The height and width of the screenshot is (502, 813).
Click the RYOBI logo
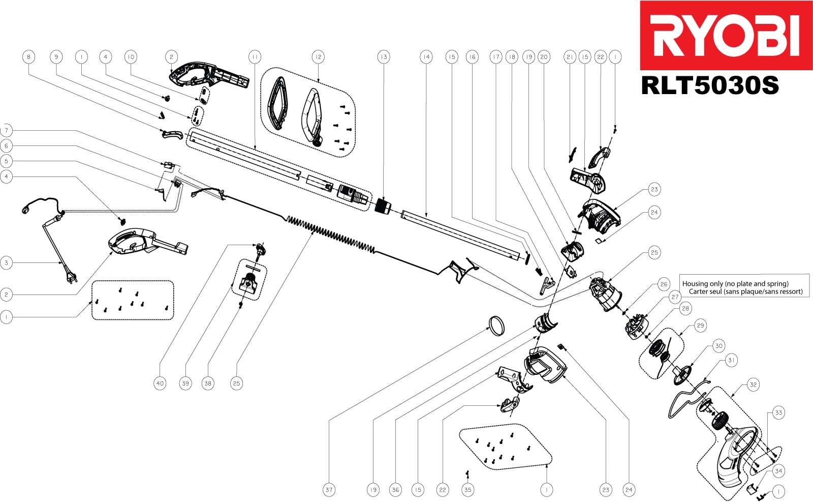[726, 35]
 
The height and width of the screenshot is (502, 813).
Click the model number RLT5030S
[710, 85]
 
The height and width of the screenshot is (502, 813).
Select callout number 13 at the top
[383, 57]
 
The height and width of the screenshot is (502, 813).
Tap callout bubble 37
[329, 490]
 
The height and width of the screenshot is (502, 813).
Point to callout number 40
[160, 383]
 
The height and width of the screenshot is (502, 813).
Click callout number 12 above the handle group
[318, 57]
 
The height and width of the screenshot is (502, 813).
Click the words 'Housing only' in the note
[699, 283]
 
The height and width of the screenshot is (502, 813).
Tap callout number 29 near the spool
[700, 326]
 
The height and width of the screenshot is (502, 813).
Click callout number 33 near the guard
[778, 413]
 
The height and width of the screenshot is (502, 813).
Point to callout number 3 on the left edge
[6, 263]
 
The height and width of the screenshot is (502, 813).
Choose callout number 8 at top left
[28, 57]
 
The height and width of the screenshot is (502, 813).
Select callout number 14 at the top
[426, 57]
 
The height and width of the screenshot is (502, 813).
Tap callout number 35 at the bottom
[467, 490]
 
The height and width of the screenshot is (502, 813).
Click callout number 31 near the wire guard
[731, 360]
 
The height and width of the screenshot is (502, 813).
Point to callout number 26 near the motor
[664, 284]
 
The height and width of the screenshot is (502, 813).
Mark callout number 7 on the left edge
[6, 130]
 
